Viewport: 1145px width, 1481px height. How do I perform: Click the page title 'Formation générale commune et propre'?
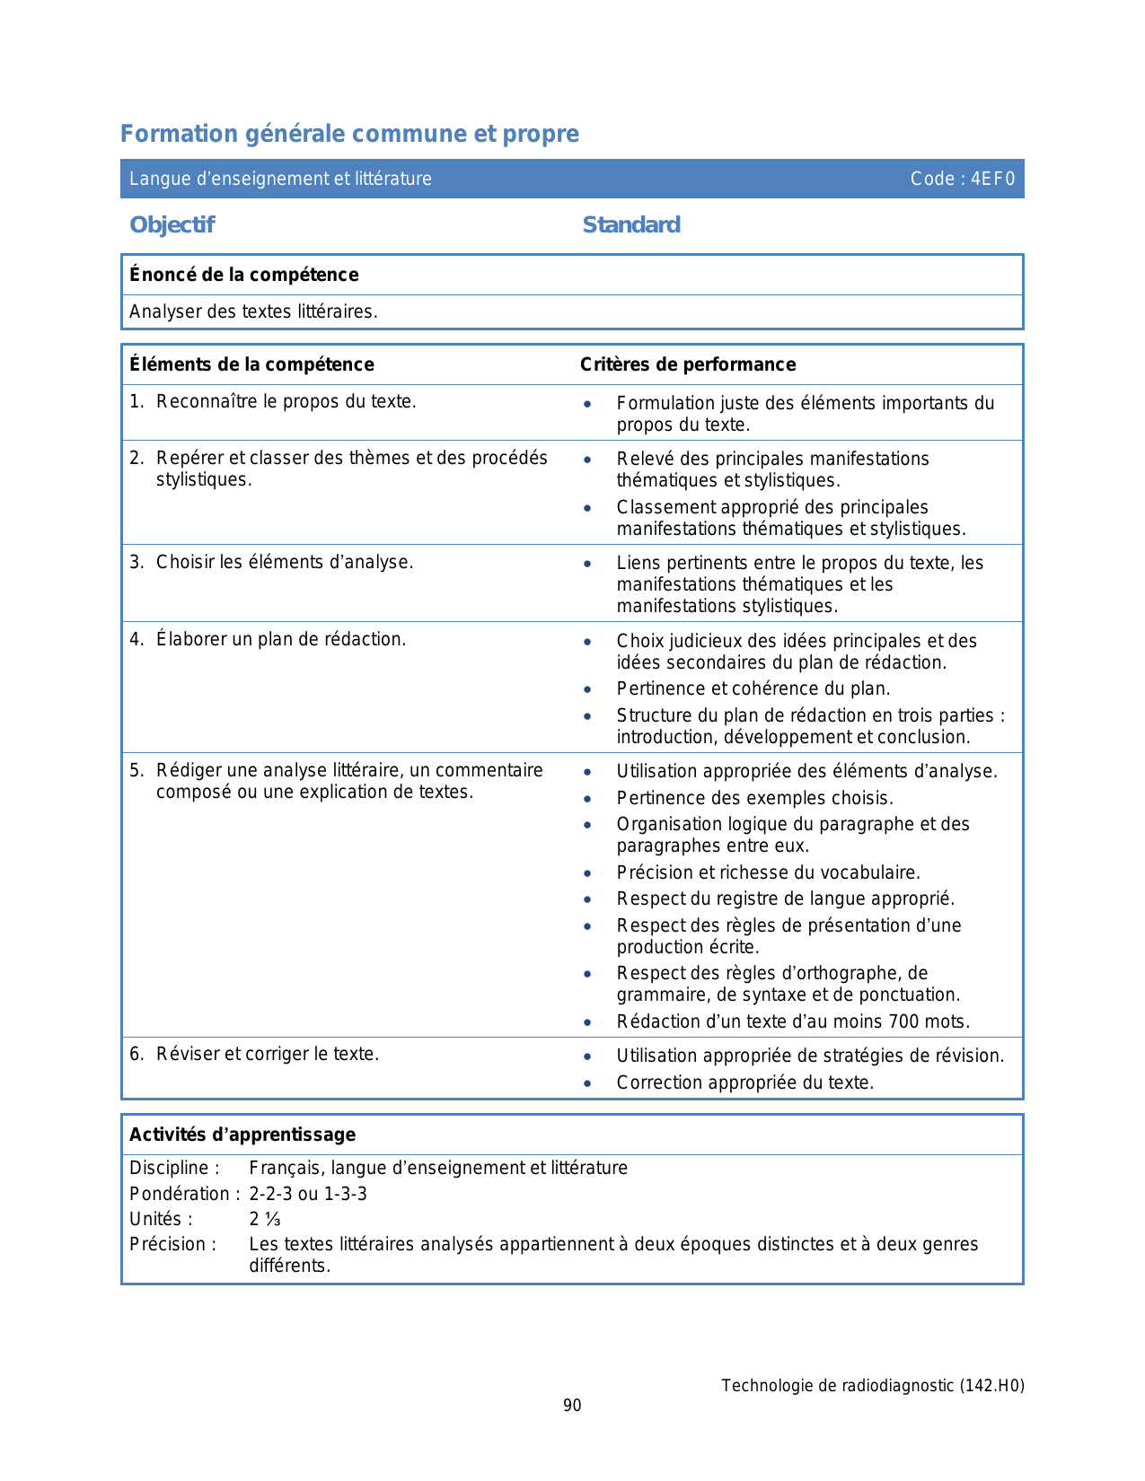(349, 134)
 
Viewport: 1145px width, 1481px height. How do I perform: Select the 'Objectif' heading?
(172, 224)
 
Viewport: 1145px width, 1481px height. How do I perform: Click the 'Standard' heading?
(631, 224)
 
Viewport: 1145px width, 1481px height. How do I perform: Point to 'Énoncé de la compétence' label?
(243, 275)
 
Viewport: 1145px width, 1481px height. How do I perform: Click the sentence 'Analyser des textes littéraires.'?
(253, 311)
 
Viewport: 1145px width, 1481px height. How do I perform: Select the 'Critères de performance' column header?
(688, 364)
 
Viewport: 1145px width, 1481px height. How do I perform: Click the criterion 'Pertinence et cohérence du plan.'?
(753, 688)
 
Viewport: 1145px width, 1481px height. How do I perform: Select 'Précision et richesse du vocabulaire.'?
(768, 872)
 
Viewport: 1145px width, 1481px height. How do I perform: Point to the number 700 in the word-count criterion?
(903, 1021)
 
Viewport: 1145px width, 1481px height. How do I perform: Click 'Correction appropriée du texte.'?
(744, 1082)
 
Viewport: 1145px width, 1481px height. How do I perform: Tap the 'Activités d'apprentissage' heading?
(242, 1135)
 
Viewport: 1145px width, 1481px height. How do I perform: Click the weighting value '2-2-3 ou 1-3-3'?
(308, 1194)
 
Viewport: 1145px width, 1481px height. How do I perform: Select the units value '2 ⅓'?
(265, 1219)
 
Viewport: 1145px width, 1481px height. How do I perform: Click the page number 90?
(572, 1406)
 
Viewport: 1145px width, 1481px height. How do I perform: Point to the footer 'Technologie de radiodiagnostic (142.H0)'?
(872, 1386)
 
